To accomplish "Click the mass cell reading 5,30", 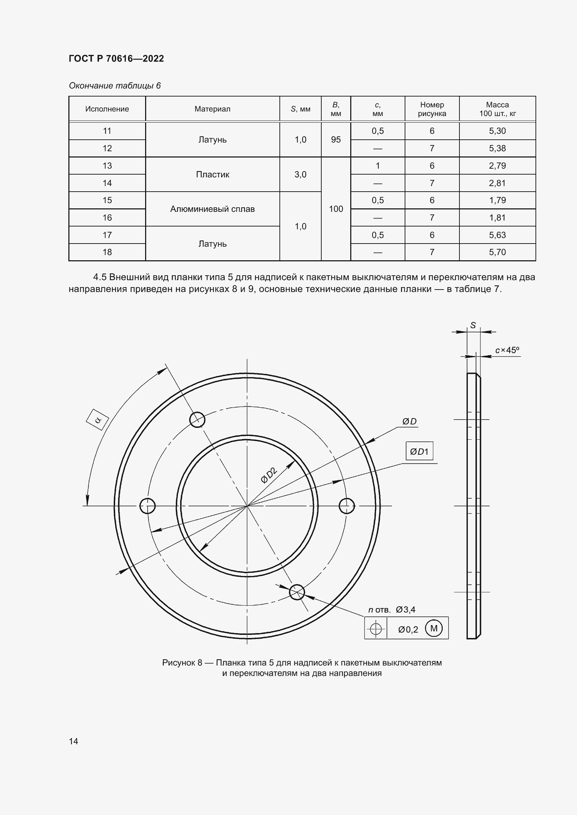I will coord(497,131).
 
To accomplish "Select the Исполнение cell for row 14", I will coord(107,183).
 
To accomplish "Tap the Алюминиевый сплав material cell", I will coord(212,209).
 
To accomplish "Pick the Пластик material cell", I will coord(212,175).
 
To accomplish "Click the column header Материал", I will coord(212,109).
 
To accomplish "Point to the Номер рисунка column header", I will coord(432,109).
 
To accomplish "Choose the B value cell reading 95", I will coord(336,139).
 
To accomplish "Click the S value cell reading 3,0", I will coord(300,175).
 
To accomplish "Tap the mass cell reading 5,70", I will coord(497,252).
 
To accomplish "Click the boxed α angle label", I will coord(97,420).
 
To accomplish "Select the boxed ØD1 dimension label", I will coord(419,452).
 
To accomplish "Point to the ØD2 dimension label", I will coord(269,475).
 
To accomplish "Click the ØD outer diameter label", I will coord(409,421).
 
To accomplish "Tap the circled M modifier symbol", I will coord(434,628).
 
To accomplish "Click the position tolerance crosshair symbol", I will coord(376,629).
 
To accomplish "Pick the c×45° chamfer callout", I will coord(507,350).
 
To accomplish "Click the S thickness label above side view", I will coord(473,325).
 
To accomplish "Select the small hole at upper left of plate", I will coord(197,420).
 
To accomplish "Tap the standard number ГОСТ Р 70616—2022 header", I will coord(116,59).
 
